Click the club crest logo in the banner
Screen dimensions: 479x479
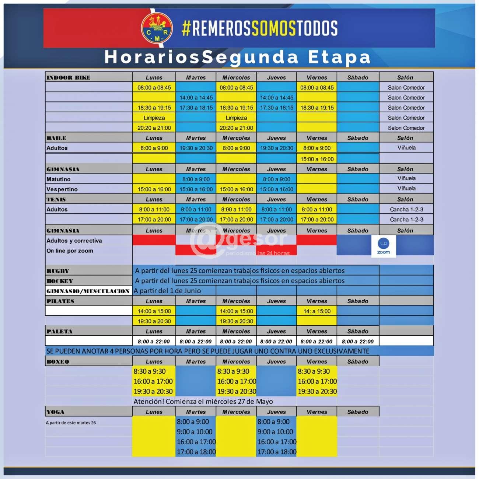coord(157,28)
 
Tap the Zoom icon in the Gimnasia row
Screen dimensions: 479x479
coord(384,246)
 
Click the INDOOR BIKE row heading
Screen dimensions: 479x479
coord(69,77)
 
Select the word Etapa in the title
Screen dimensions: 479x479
coord(339,57)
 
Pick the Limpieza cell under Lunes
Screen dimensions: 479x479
coord(154,118)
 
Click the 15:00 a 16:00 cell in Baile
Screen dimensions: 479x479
coord(317,159)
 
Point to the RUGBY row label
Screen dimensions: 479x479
coord(58,271)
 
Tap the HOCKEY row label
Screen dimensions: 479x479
coord(60,281)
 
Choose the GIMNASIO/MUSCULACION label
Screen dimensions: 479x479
coord(88,291)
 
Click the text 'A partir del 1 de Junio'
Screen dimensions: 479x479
coord(167,291)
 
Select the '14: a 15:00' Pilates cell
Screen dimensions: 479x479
coord(317,311)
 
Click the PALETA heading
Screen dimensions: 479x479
coord(59,331)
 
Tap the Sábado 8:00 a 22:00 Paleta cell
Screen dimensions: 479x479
coord(357,342)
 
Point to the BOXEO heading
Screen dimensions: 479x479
coord(58,361)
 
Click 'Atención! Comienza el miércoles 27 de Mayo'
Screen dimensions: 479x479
coord(203,402)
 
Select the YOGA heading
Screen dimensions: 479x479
coord(55,412)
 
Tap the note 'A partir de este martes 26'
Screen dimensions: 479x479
coord(71,423)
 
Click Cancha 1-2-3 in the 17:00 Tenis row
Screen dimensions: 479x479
coord(406,220)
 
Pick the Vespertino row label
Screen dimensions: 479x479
coord(62,189)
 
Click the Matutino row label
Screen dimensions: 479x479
coord(58,179)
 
